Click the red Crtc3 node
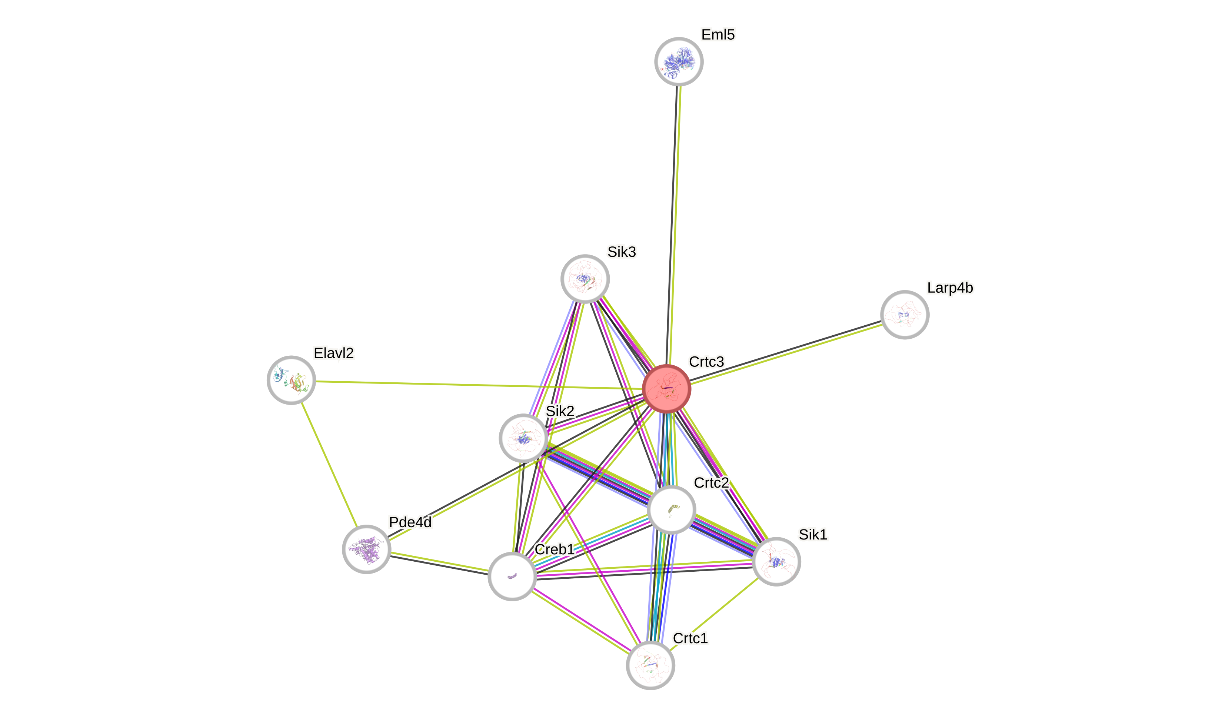(x=666, y=389)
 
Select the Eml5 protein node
(x=679, y=62)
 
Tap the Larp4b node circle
(x=904, y=315)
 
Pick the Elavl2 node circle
(x=292, y=380)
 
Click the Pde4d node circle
(x=367, y=549)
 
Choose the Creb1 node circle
(x=512, y=576)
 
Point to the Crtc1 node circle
(x=650, y=665)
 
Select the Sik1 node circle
(x=776, y=562)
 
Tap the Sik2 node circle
(x=523, y=438)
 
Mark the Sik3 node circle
(x=585, y=279)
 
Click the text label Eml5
(x=718, y=34)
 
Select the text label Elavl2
(x=334, y=353)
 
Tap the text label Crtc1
(x=690, y=638)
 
